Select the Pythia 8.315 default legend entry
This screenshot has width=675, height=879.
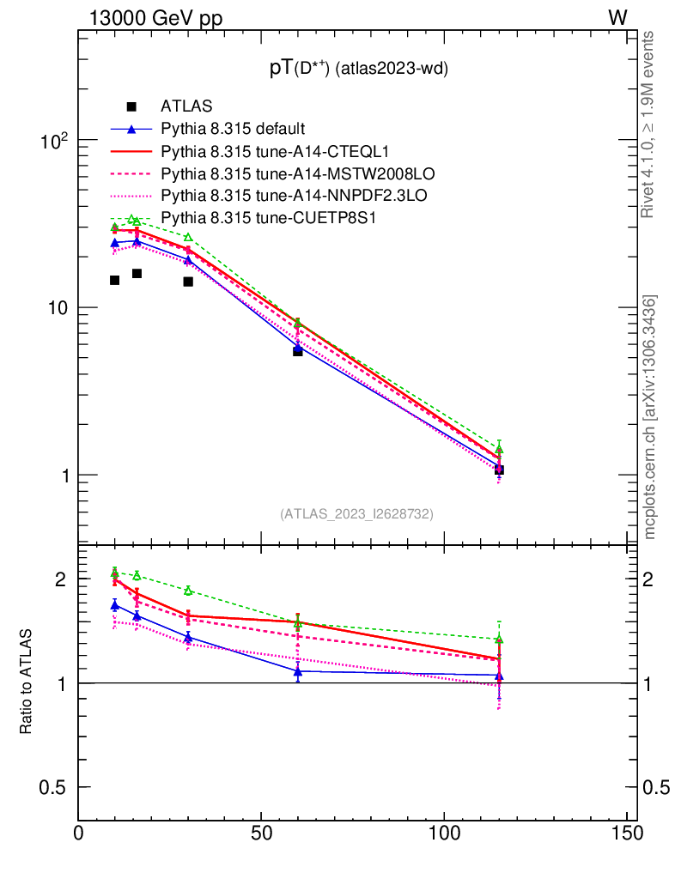[x=233, y=130]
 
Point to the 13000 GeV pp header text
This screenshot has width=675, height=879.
[x=155, y=19]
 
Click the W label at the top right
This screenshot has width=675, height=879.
[x=617, y=18]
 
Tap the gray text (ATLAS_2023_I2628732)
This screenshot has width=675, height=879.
[x=356, y=514]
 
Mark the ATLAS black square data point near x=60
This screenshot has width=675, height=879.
[x=298, y=351]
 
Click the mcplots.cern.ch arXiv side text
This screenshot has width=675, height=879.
[x=650, y=417]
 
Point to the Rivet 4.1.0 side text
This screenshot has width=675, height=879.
[x=650, y=124]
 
